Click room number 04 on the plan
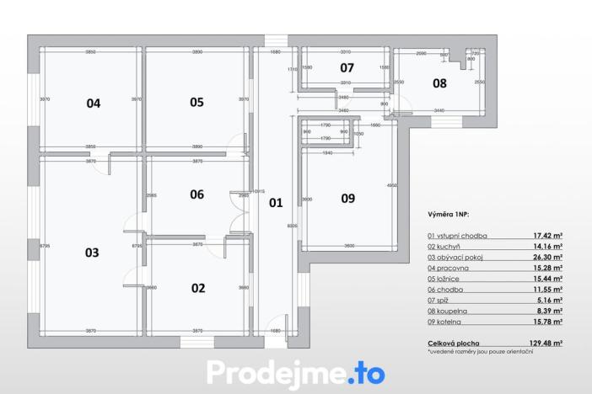click(x=93, y=104)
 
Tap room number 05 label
click(x=196, y=103)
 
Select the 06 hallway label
click(x=196, y=194)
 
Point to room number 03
click(x=92, y=252)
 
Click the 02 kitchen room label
click(x=198, y=288)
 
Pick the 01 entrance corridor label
click(x=275, y=203)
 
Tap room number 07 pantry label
click(x=347, y=67)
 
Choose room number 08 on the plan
click(x=439, y=83)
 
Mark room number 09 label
click(x=348, y=199)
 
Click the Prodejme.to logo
click(x=296, y=372)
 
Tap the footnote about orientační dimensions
click(x=481, y=352)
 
